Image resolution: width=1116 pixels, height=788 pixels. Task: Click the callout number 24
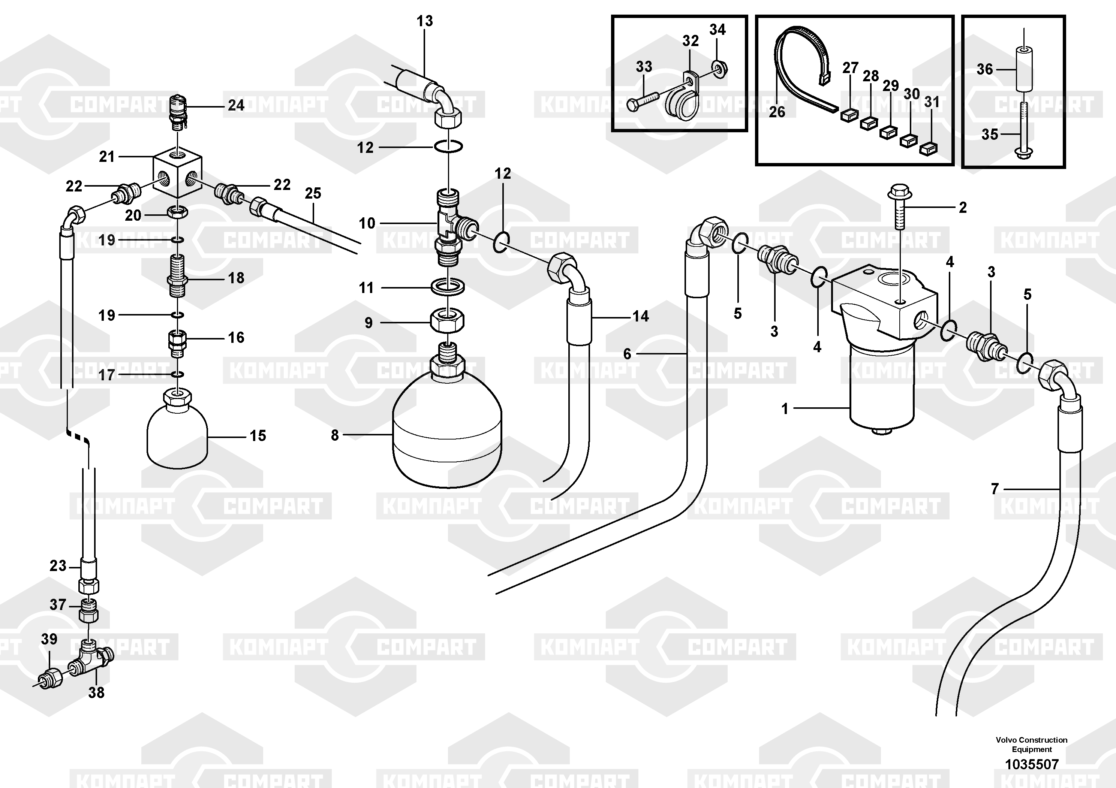click(236, 105)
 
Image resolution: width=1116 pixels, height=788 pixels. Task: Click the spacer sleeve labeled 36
click(1023, 69)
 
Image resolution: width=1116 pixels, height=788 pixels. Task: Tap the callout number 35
click(990, 134)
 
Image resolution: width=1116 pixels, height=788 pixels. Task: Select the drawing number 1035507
click(1031, 764)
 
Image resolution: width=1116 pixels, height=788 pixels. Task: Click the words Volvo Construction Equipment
click(1031, 744)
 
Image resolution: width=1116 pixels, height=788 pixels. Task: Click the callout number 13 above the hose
click(424, 21)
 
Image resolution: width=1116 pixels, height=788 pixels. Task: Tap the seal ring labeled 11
click(447, 287)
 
